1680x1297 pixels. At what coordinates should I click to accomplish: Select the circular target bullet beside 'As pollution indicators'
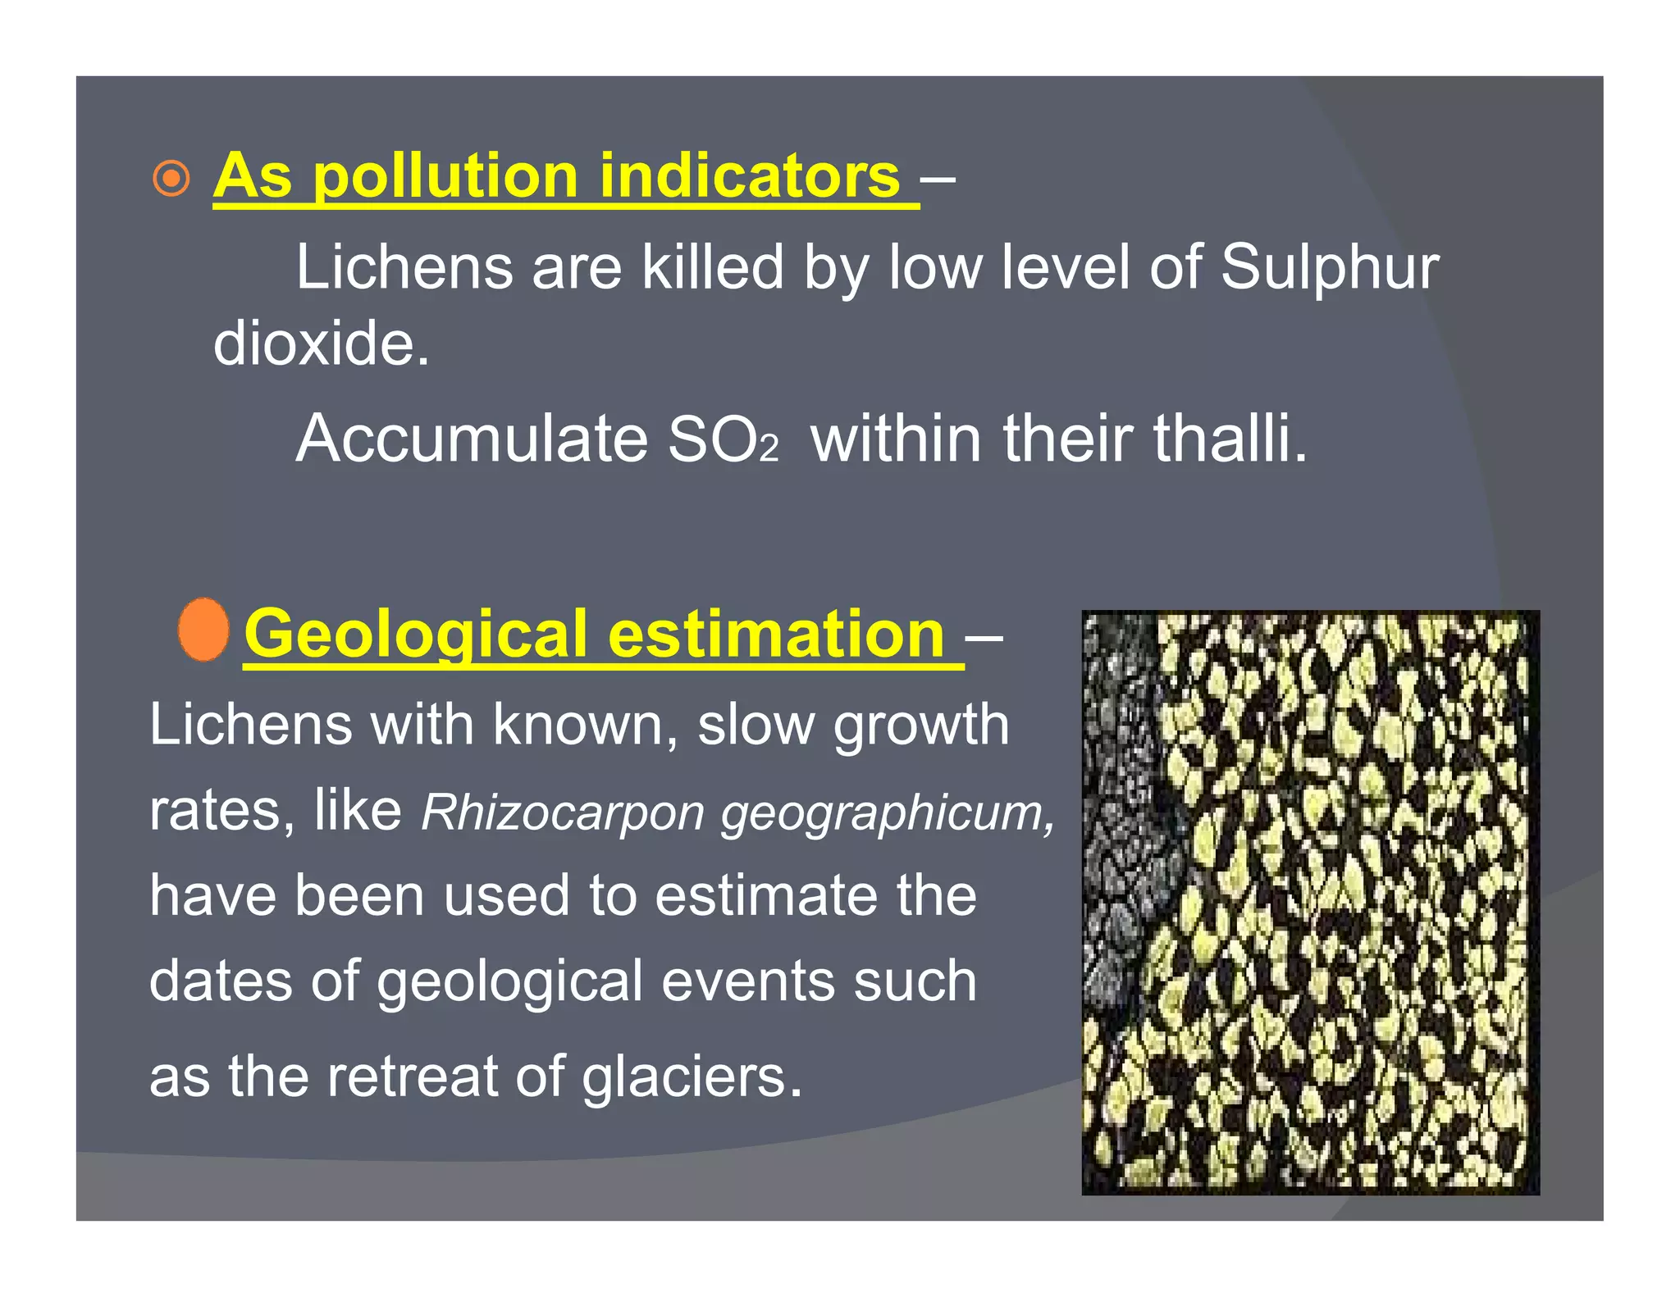[x=171, y=178]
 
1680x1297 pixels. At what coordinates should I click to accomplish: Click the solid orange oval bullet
[x=203, y=630]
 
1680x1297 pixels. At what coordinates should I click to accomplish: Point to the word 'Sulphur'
[x=1329, y=268]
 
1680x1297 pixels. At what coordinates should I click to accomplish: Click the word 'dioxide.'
[x=321, y=343]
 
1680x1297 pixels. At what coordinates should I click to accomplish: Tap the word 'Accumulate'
[x=472, y=439]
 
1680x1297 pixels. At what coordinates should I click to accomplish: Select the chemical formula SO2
[x=723, y=440]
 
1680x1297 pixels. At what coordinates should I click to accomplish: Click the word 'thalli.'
[x=1230, y=439]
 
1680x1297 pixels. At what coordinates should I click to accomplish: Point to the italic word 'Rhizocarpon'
[x=562, y=812]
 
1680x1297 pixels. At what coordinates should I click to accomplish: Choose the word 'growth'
[x=920, y=726]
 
